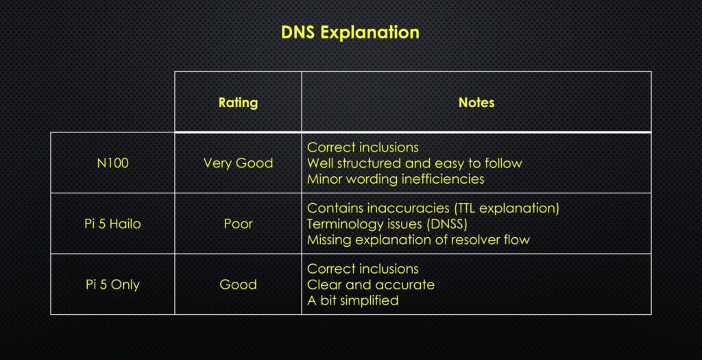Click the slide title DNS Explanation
click(350, 32)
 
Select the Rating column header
click(238, 102)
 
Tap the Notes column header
click(476, 102)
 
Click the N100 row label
click(112, 163)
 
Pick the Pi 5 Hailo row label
click(112, 224)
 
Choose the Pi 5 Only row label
click(112, 285)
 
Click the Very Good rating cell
click(238, 163)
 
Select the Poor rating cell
click(238, 224)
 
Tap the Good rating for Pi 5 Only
click(238, 285)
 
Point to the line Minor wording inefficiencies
click(396, 179)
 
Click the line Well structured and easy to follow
click(414, 163)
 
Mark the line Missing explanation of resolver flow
click(418, 240)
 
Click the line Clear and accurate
click(370, 285)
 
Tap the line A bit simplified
click(352, 300)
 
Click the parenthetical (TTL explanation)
click(503, 208)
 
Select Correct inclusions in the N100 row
click(363, 147)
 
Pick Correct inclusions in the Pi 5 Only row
click(363, 269)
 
